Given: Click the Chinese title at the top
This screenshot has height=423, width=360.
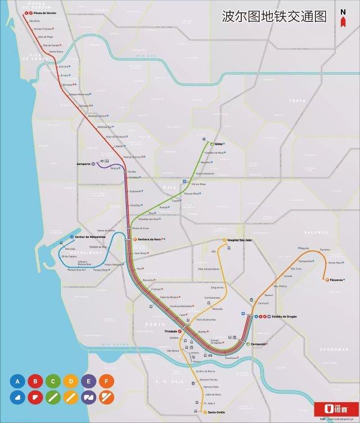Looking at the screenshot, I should (274, 16).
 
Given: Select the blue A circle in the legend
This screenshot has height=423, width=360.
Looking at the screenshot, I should (17, 382).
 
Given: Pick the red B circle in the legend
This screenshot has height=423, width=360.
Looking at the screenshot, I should (35, 382).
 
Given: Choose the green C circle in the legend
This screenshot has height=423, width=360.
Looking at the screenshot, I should (53, 382).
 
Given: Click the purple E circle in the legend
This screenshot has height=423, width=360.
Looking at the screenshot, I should (89, 382).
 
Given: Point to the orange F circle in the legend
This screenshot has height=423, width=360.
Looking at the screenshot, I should (106, 382).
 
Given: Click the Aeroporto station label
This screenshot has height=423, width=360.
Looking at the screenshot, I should (86, 164).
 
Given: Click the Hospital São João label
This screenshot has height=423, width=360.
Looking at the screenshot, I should (238, 240).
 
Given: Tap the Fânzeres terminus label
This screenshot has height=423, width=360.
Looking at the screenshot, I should (336, 280).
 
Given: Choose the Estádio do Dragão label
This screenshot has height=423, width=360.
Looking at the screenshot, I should (285, 316).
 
